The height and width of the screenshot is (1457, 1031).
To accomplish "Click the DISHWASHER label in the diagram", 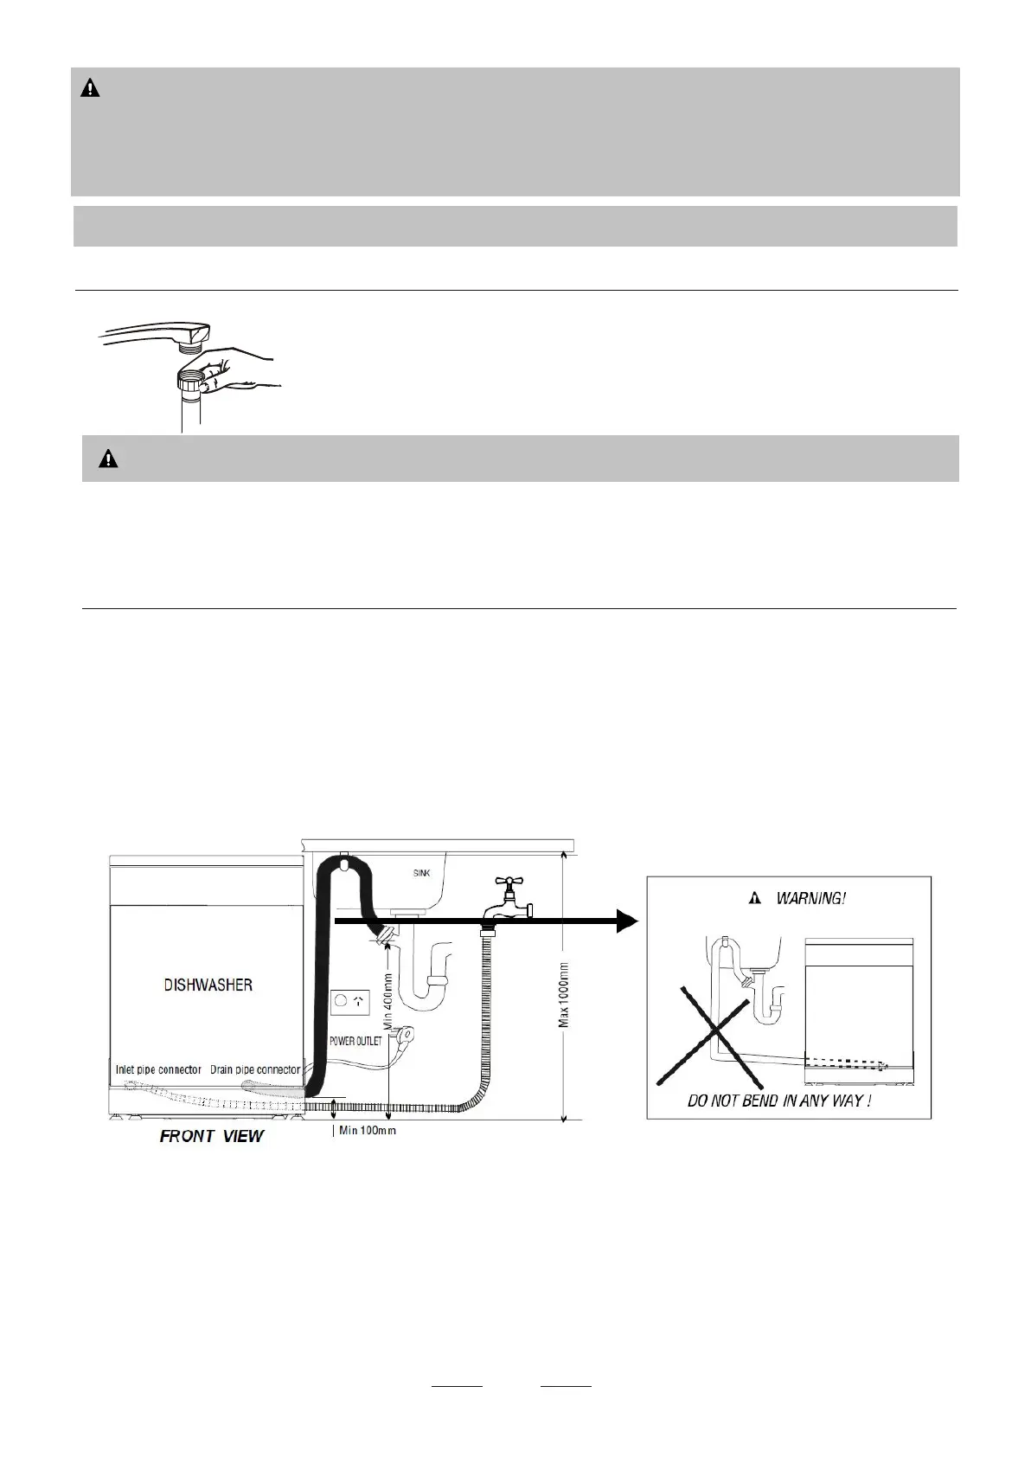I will [208, 985].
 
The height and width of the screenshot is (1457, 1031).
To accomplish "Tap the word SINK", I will [419, 873].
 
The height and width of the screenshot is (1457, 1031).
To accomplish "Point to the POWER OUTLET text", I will [355, 1041].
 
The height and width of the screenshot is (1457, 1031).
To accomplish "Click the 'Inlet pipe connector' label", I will [158, 1070].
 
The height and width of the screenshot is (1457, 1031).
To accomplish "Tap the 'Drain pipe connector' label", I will [256, 1070].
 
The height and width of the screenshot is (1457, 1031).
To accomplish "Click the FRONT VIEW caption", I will [211, 1136].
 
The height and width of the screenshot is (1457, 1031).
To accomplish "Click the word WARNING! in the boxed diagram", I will [810, 898].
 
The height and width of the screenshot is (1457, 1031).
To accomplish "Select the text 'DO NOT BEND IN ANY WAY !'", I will [778, 1101].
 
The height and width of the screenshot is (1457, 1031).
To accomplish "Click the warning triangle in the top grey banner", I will [90, 88].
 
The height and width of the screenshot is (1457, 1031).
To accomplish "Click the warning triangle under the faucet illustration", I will [108, 459].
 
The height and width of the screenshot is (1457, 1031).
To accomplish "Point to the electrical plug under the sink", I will [402, 1035].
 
